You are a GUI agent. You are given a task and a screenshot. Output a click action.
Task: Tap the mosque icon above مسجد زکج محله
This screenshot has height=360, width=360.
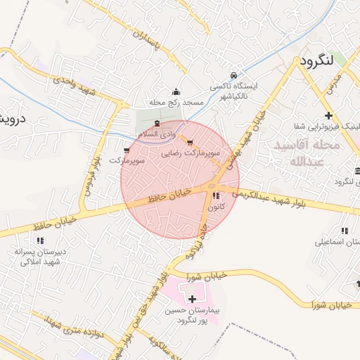[x=176, y=92]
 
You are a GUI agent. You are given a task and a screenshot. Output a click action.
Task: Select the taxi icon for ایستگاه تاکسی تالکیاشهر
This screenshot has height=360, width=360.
[x=233, y=75]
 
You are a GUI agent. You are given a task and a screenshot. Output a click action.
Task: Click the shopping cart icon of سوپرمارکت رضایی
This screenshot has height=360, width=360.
[x=190, y=143]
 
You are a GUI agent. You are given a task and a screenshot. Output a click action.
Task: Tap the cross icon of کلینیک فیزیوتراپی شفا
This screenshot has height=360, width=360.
[x=328, y=116]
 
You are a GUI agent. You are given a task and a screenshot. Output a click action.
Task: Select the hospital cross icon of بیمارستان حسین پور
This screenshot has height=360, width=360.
[x=193, y=299]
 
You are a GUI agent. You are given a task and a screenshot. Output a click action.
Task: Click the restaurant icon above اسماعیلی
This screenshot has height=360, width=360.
[x=344, y=231]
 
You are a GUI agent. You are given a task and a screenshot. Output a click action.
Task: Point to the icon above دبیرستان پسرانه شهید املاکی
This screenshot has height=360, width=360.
[x=40, y=240]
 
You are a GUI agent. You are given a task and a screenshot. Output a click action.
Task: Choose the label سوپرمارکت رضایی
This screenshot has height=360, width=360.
[x=192, y=152]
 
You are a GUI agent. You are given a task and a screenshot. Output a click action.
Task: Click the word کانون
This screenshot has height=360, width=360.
[x=217, y=207]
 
